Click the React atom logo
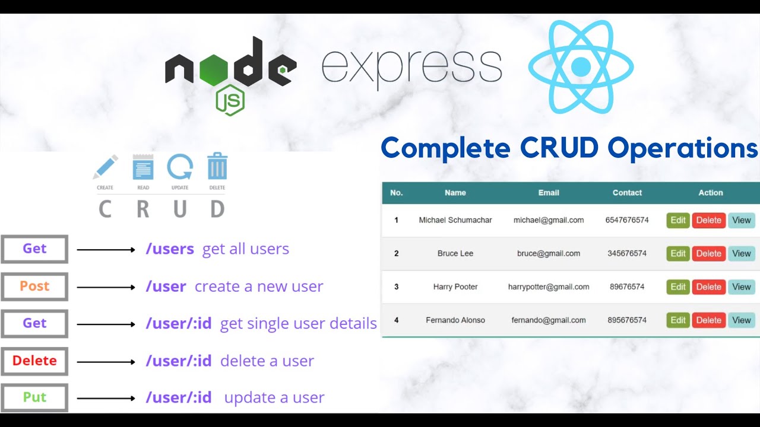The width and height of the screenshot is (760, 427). click(x=581, y=66)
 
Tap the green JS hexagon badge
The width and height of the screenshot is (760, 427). click(x=230, y=100)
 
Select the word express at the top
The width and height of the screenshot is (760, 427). click(x=411, y=66)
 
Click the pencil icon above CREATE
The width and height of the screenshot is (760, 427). click(x=105, y=167)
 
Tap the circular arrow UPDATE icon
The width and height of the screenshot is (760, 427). click(x=179, y=167)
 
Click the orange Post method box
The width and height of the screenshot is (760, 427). click(x=34, y=286)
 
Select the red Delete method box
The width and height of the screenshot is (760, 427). click(x=34, y=361)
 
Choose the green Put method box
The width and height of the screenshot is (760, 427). click(x=34, y=397)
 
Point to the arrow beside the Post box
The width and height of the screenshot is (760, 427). click(x=106, y=287)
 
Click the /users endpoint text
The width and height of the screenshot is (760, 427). click(x=170, y=249)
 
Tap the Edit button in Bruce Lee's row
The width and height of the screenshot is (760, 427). click(x=678, y=253)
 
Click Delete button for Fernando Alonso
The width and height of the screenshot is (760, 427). click(x=708, y=320)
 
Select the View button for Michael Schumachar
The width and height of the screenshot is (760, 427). click(x=742, y=220)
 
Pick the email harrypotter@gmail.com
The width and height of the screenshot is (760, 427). click(x=549, y=287)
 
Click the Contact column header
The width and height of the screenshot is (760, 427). click(x=627, y=193)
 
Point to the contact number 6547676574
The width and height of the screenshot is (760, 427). click(x=627, y=220)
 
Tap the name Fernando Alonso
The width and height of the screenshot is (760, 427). click(x=455, y=320)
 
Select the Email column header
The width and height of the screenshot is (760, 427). click(x=549, y=193)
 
